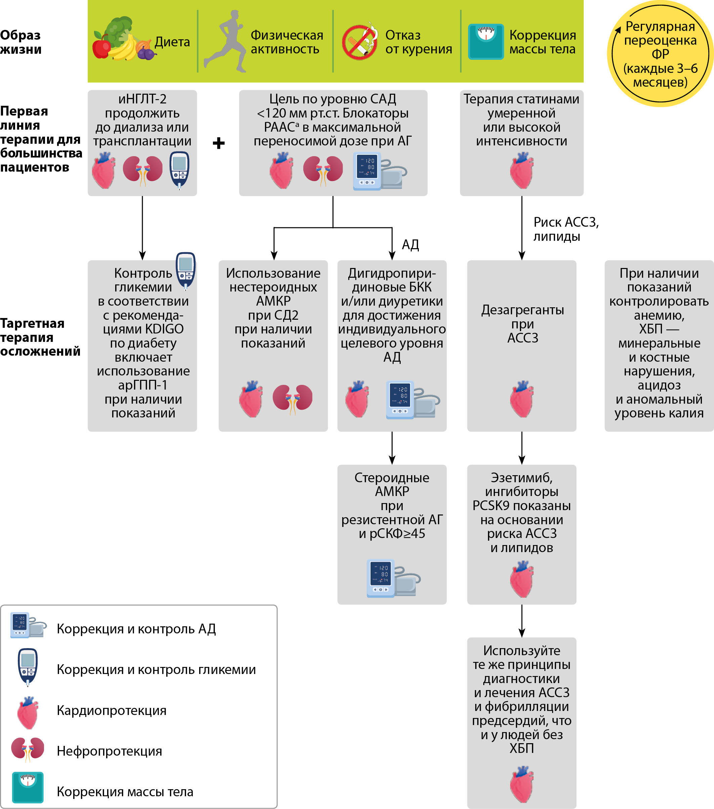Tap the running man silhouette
tap(225, 41)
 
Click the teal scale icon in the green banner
tap(486, 42)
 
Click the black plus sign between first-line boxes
tap(219, 143)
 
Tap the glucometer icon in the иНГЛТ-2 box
tap(179, 170)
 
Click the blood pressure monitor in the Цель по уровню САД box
tap(379, 171)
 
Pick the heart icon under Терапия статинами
tap(522, 171)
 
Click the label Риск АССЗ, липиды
tap(566, 229)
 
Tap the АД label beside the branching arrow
tap(410, 244)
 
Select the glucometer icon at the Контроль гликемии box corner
tap(186, 271)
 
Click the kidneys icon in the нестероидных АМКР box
tap(293, 399)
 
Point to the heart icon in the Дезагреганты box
tap(522, 399)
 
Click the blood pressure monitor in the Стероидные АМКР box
tap(393, 578)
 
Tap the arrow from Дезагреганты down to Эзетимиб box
tap(522, 448)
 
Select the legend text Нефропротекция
tap(109, 751)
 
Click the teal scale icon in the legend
tap(28, 787)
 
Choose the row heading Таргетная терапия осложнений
tap(40, 337)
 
